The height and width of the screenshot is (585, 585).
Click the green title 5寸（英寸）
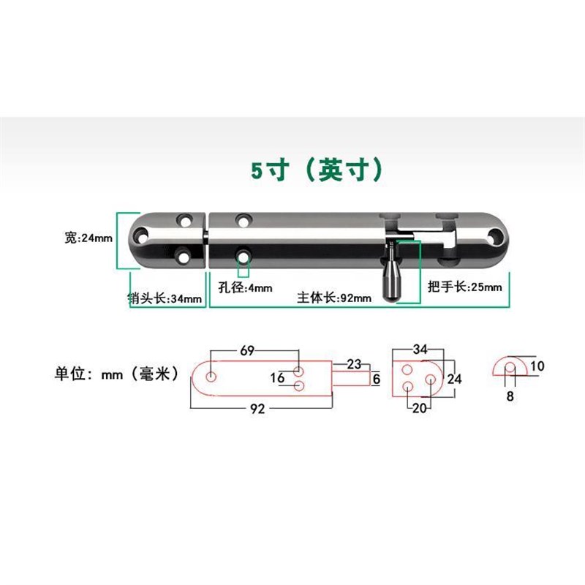317,170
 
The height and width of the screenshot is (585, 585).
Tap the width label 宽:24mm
88,238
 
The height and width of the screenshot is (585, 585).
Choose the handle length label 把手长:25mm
465,287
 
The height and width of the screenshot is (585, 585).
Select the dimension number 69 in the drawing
247,352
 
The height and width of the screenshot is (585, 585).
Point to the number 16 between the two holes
277,377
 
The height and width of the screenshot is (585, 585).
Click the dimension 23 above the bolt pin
354,363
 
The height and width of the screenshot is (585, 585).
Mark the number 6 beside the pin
376,379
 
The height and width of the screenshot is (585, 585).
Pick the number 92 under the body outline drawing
256,409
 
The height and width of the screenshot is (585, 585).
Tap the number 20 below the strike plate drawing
418,408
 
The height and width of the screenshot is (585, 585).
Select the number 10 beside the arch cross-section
537,366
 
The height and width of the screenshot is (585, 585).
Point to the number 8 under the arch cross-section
510,396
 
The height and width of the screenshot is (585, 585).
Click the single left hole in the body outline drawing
211,377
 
